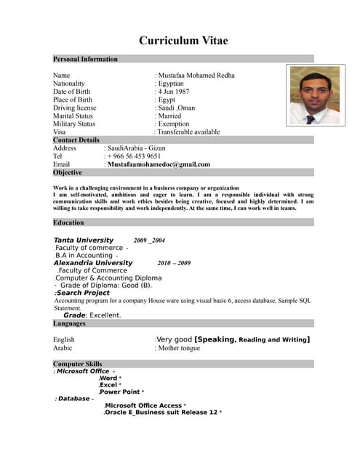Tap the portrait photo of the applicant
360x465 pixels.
[314, 95]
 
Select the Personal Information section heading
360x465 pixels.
[85, 59]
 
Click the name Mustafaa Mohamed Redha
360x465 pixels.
[196, 76]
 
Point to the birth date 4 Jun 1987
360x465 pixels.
[174, 92]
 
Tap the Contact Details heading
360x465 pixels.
[76, 139]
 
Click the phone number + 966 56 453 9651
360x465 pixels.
[135, 156]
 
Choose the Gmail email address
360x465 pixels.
[159, 164]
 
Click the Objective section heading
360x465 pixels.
[68, 172]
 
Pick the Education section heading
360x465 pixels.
[68, 222]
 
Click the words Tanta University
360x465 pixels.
[84, 240]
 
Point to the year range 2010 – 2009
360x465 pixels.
[174, 263]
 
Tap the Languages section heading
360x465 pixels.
[70, 323]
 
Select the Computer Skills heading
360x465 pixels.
[78, 363]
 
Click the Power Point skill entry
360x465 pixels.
[119, 392]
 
